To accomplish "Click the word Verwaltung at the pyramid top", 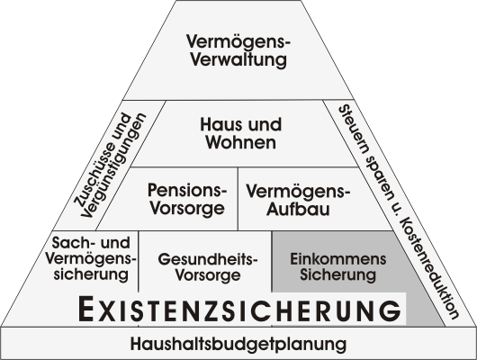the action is click(238, 59).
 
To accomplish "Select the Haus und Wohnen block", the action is click(241, 133).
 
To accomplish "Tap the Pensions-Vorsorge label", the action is click(187, 199).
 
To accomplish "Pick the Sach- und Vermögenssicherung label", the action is click(91, 258).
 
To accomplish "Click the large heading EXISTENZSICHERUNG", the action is click(239, 310).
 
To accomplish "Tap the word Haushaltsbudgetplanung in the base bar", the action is click(238, 344).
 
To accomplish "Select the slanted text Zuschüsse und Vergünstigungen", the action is click(110, 165).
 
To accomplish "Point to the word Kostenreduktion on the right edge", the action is click(429, 268).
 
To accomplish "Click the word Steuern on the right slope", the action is click(354, 129).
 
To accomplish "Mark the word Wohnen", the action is click(241, 142).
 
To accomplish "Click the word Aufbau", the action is click(298, 210).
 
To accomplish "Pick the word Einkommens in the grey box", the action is click(338, 259).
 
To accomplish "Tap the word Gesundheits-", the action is click(208, 259).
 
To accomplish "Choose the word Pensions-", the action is click(187, 190).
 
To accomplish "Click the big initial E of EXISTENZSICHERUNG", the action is click(85, 310).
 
